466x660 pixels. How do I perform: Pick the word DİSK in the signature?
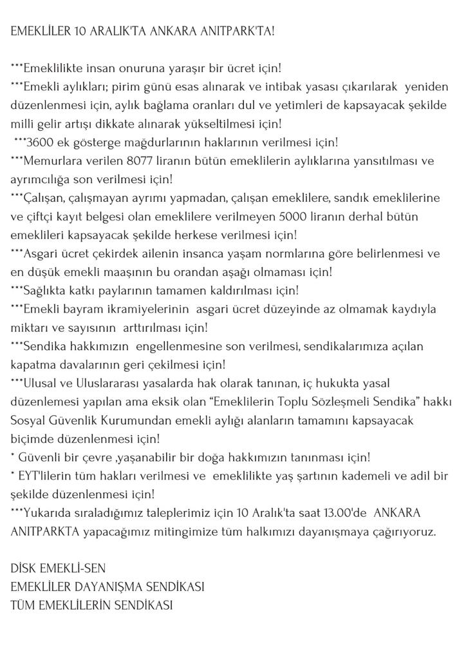tap(24, 569)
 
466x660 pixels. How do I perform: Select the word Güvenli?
tap(38, 458)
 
